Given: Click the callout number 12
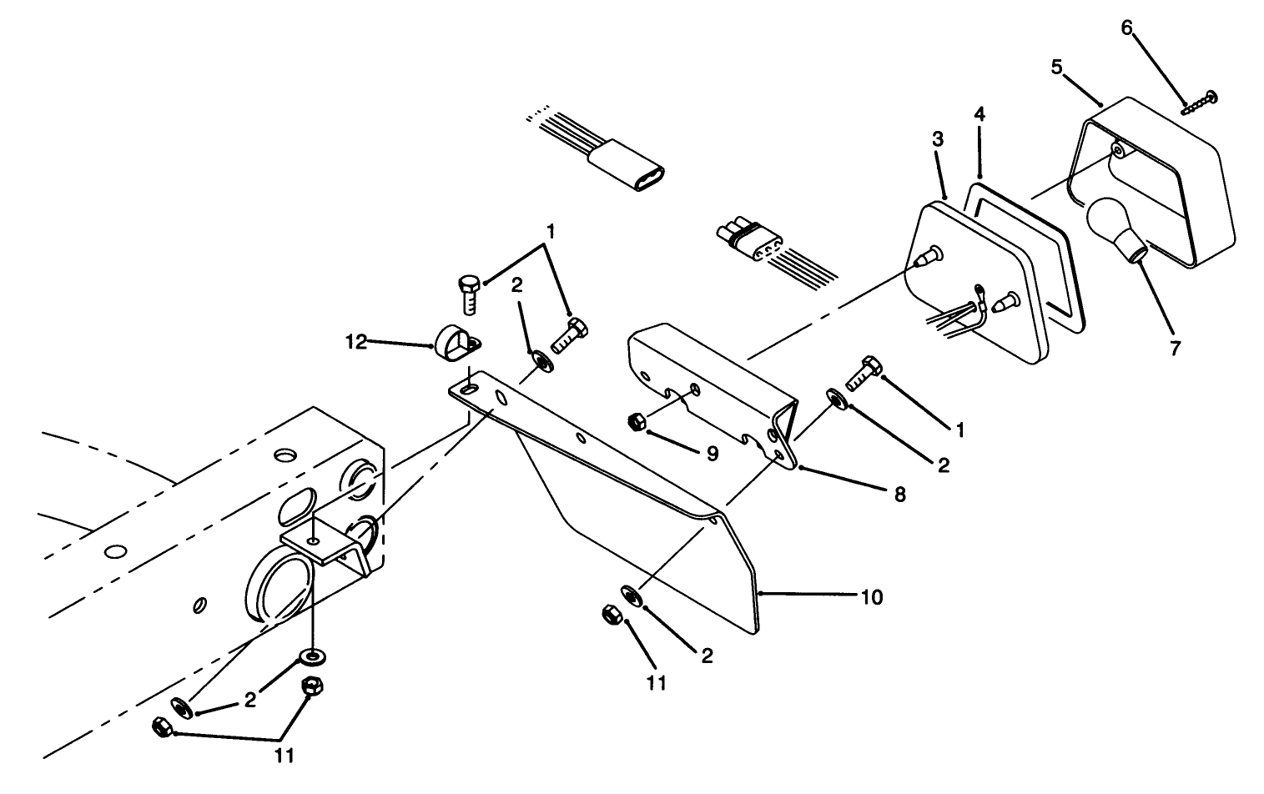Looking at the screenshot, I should (x=356, y=342).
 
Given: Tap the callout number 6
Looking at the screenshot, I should (x=1126, y=28).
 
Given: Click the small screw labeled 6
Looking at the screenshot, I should (x=1200, y=102).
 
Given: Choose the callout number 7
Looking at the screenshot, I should (x=1175, y=349).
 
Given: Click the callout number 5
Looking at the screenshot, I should (x=1057, y=68).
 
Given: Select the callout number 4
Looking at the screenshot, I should (x=979, y=114).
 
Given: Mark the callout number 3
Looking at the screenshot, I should (x=938, y=139).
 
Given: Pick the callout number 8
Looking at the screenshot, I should (x=899, y=495).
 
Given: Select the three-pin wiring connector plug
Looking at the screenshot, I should (x=748, y=241).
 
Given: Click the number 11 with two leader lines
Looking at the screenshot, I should (x=285, y=756).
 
